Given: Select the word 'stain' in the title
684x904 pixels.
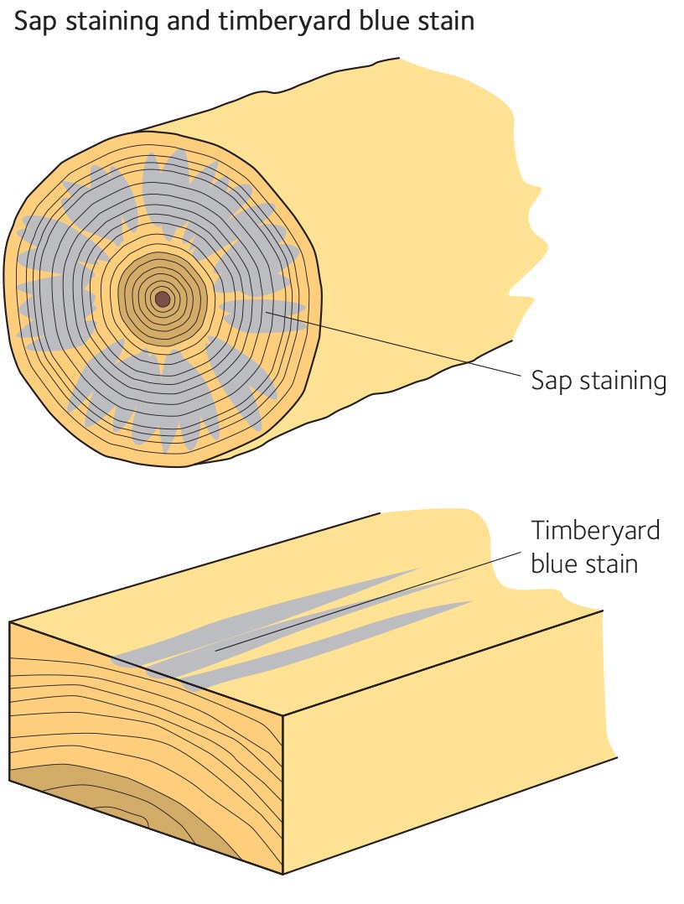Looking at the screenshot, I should coord(441,21).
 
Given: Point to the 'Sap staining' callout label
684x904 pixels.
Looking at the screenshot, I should coord(598,380).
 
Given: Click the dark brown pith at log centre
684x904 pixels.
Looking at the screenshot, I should coord(163,299).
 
